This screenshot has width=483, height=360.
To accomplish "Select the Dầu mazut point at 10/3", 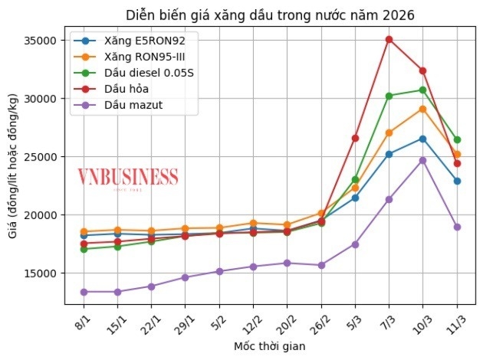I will [422, 160].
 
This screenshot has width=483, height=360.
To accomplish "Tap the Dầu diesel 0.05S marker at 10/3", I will [422, 90].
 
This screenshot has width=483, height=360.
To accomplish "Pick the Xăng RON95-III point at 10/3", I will [422, 109].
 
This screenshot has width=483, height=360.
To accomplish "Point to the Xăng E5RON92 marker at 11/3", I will [457, 181].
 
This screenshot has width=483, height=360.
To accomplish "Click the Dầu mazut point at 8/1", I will [83, 292].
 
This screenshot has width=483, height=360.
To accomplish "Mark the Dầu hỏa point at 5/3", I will [355, 138].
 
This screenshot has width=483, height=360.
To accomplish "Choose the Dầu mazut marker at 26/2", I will [321, 265].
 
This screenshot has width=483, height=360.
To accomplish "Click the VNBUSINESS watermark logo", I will [127, 178].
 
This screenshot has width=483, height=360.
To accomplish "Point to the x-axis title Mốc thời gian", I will [269, 346].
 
